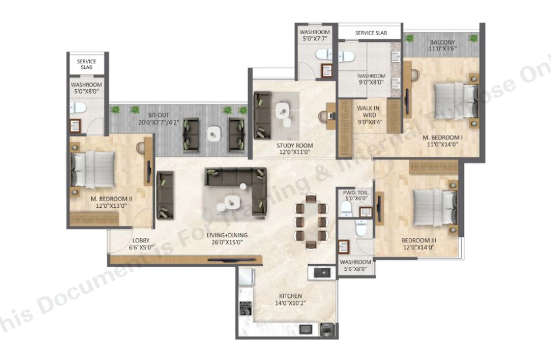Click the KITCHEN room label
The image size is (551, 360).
290,296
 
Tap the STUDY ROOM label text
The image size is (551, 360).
294,146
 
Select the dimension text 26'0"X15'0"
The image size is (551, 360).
227,242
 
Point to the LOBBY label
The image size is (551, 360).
141,240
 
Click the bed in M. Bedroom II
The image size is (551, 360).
93,170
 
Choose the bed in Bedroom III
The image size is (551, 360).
434,207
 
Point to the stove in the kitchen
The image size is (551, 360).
246,308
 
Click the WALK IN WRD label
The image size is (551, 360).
368,111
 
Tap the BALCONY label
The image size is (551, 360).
442,42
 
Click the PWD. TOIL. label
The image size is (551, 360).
356,192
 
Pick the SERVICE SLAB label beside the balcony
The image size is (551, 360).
371,33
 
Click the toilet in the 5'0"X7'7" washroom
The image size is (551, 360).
324,54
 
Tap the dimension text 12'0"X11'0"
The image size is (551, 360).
294,152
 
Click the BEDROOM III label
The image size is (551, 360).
419,240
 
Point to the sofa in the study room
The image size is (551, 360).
262,111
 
